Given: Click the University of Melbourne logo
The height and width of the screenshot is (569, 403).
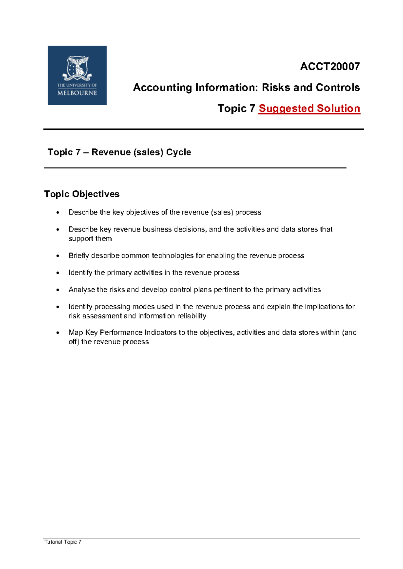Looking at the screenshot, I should (77, 75).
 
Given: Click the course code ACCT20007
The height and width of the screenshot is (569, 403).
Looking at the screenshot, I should (329, 66).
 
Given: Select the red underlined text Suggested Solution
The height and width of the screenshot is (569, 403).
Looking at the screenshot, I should (309, 108).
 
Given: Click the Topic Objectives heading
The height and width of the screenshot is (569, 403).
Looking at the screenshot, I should (82, 194).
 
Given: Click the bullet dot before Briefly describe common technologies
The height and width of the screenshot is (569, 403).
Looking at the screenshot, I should (58, 256).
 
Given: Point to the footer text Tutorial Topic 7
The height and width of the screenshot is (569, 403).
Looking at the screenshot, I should (63, 542).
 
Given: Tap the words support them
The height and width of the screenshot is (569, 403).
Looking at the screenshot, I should (90, 239).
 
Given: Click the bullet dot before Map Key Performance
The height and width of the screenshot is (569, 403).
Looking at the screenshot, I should (58, 333).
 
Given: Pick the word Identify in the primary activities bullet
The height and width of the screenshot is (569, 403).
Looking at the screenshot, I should (80, 272).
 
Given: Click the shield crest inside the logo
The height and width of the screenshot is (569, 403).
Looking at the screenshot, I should (78, 67).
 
